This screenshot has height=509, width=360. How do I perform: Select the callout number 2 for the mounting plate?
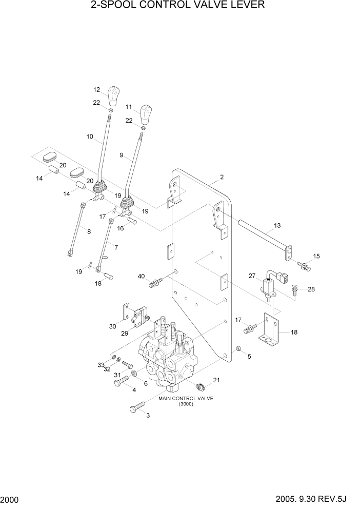[222, 178]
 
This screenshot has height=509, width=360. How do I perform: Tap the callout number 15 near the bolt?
[316, 256]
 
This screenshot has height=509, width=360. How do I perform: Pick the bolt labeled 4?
[121, 380]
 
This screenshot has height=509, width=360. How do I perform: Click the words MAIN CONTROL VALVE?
[185, 398]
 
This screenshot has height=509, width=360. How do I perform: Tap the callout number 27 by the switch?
[252, 276]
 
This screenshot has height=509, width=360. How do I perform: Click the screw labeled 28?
[295, 290]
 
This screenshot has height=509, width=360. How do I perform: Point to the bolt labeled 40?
[155, 282]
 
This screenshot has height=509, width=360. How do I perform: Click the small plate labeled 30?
[125, 313]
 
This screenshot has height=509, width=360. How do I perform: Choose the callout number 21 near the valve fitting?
[216, 380]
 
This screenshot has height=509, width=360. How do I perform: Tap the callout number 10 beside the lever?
[90, 137]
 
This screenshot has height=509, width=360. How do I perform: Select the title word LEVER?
[247, 6]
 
